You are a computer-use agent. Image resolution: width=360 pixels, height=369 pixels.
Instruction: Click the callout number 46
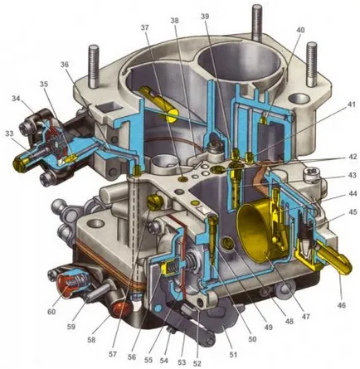pyautogui.click(x=342, y=305)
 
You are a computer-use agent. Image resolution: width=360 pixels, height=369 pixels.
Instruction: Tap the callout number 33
pyautogui.click(x=9, y=134)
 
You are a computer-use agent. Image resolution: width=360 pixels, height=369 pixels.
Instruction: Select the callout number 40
pyautogui.click(x=300, y=30)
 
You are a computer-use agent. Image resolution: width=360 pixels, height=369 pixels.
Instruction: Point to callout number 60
pyautogui.click(x=51, y=312)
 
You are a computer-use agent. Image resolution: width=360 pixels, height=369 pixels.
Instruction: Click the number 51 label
pyautogui.click(x=232, y=354)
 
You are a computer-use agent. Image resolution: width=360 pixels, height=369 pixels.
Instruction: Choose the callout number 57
pyautogui.click(x=113, y=354)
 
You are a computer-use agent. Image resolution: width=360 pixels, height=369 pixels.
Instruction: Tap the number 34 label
pyautogui.click(x=16, y=98)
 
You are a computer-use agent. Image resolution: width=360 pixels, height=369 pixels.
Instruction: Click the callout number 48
pyautogui.click(x=289, y=322)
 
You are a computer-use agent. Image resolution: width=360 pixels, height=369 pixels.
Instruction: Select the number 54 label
pyautogui.click(x=163, y=361)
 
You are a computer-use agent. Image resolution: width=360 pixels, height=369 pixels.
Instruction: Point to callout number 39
pyautogui.click(x=205, y=17)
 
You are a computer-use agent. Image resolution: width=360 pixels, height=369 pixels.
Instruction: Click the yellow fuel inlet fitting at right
pyautogui.click(x=333, y=259)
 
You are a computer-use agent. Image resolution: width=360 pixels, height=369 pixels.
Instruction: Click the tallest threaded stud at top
pyautogui.click(x=257, y=21)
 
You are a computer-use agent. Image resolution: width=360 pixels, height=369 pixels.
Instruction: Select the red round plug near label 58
pyautogui.click(x=120, y=309)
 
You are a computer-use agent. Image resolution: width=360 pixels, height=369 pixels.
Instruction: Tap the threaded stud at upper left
pyautogui.click(x=93, y=66)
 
